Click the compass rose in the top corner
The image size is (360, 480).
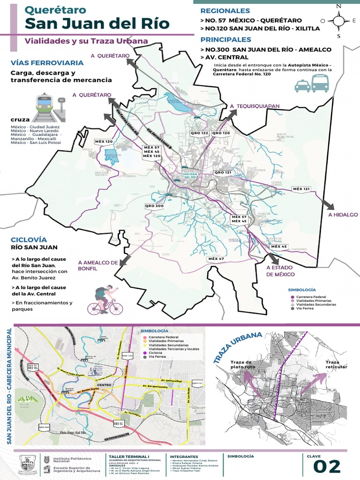338,21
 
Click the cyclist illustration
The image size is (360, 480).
105,300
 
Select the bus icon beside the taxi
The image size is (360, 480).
320,83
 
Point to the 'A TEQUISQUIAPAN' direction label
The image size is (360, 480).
255,106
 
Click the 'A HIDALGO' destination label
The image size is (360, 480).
340,215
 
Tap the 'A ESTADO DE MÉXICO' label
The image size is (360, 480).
280,271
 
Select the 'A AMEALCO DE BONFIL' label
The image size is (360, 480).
97,266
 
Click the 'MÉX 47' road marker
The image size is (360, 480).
216,259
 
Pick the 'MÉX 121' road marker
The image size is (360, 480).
301,189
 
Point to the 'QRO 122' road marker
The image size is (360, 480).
199,133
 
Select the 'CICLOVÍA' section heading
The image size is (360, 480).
30,239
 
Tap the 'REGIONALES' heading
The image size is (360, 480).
225,11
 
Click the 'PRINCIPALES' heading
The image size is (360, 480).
225,40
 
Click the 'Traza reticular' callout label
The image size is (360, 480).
336,364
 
